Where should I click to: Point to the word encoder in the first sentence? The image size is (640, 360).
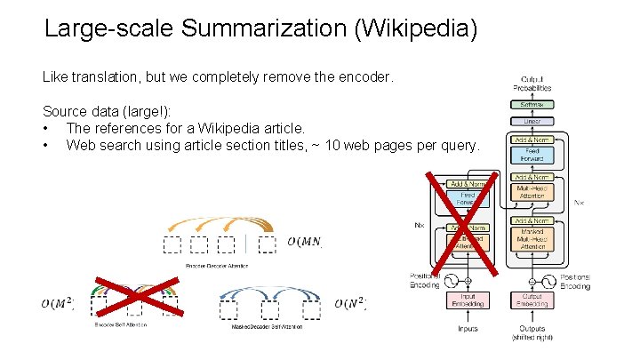pos(363,77)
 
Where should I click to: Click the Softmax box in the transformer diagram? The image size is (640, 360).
pos(536,104)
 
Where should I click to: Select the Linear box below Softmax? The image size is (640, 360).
pos(536,121)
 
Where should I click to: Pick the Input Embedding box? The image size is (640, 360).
pos(468,301)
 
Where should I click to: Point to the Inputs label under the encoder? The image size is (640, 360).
pos(468,329)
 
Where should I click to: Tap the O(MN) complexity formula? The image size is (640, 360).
pos(305,242)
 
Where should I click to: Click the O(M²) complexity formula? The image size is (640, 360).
pos(58,304)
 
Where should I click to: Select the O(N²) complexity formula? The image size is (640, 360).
pos(351,304)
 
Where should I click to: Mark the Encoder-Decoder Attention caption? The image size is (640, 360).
pos(217,266)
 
